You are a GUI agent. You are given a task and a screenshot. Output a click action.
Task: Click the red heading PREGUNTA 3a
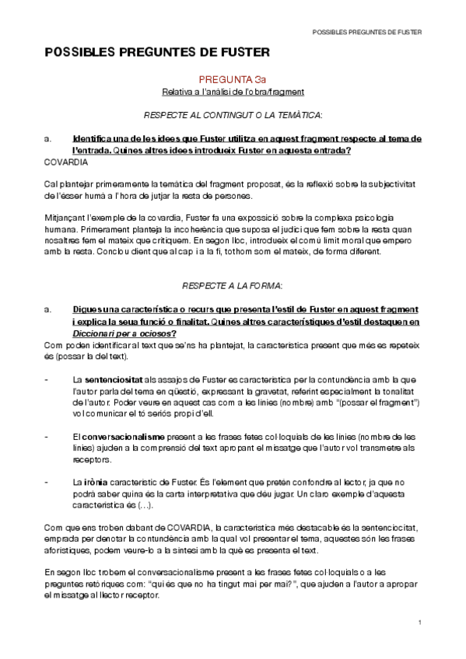233,79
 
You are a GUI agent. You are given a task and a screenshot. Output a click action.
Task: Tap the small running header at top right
366,33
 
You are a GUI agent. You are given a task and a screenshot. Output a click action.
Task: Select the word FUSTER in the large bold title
237,52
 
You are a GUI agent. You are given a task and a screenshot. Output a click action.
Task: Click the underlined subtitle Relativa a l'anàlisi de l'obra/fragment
233,92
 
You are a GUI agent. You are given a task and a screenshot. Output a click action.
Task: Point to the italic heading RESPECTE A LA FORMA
233,285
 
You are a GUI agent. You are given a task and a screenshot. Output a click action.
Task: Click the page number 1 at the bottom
419,623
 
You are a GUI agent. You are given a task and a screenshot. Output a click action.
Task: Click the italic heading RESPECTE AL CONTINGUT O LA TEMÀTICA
233,115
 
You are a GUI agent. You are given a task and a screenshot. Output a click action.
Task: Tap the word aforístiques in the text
66,551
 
